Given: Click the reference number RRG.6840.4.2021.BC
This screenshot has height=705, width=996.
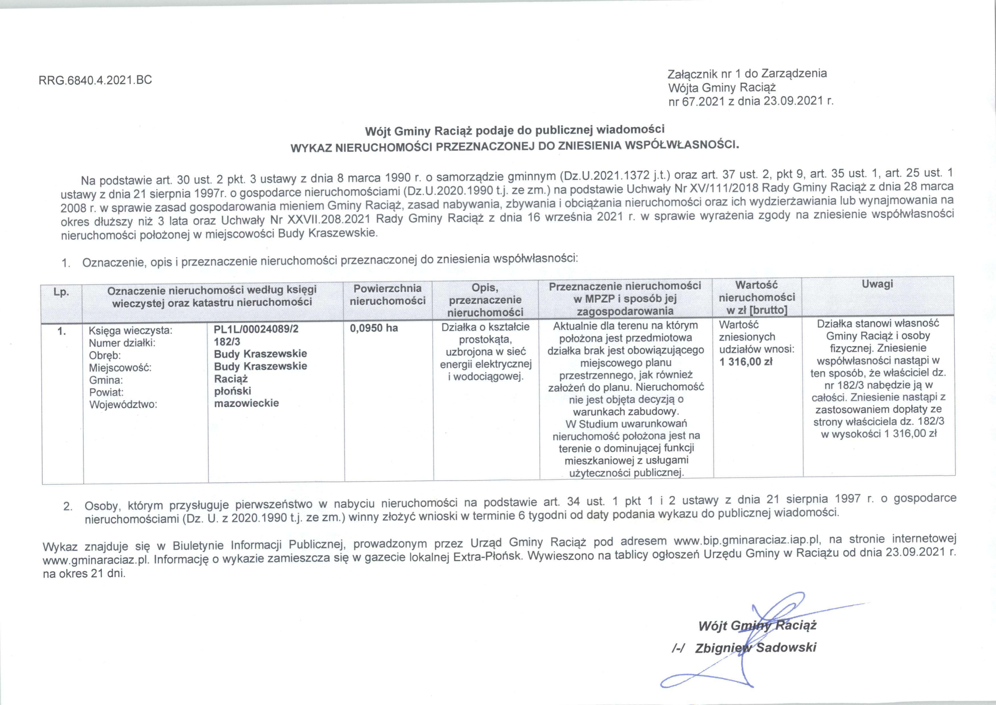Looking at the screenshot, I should point(96,80).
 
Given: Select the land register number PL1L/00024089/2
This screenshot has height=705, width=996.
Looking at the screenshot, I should point(256,329).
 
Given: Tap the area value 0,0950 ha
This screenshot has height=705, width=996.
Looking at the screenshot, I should point(374,328).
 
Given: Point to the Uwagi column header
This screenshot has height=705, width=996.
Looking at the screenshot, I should point(877,284).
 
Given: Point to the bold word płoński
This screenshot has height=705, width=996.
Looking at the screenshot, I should point(233,391).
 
